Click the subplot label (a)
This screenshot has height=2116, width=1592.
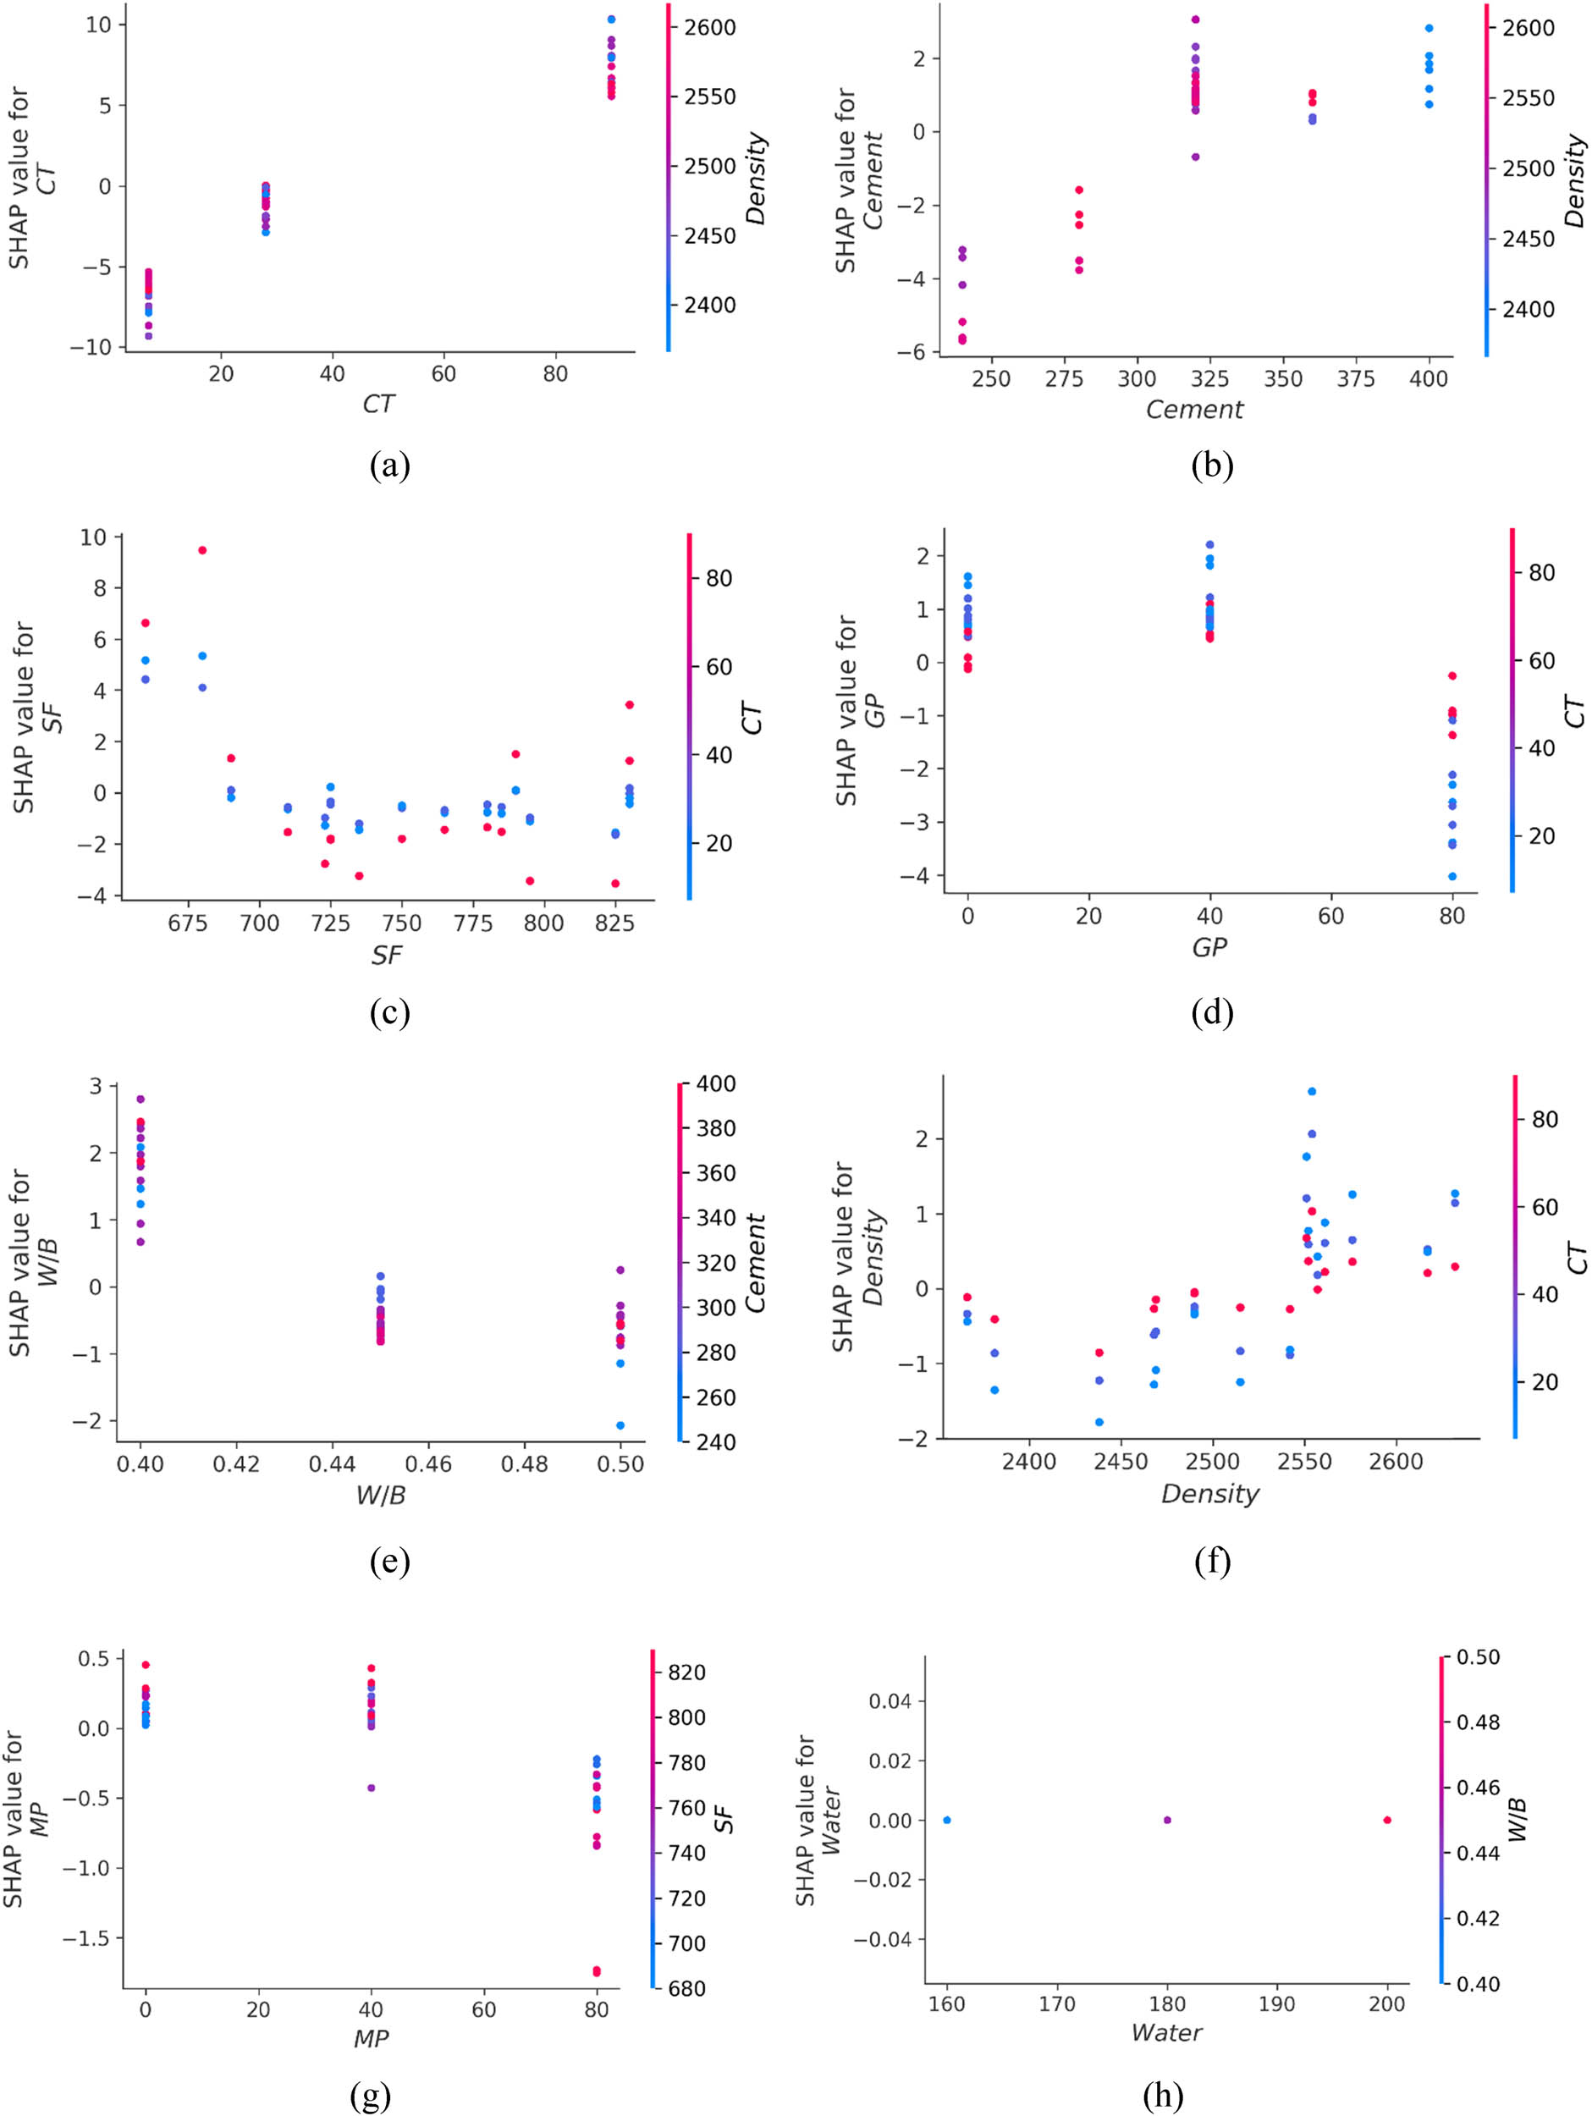[x=389, y=467]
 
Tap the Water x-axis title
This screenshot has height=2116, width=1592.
[x=1165, y=2032]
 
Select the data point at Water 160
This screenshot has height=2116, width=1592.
[x=947, y=1820]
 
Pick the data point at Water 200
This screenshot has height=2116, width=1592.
[x=1386, y=1820]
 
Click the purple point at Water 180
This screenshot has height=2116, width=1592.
[x=1166, y=1820]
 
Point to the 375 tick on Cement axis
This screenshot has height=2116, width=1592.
[x=1356, y=379]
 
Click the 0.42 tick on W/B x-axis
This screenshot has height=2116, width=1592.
[x=236, y=1463]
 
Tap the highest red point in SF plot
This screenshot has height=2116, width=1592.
[x=202, y=550]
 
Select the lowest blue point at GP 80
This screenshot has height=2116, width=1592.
[x=1452, y=876]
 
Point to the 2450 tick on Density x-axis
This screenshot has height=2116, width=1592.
[x=1121, y=1462]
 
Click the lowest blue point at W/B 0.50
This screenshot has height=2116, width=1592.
[x=620, y=1425]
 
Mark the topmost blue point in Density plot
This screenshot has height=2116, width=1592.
[x=1312, y=1092]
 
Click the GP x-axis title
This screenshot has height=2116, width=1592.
[x=1209, y=947]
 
